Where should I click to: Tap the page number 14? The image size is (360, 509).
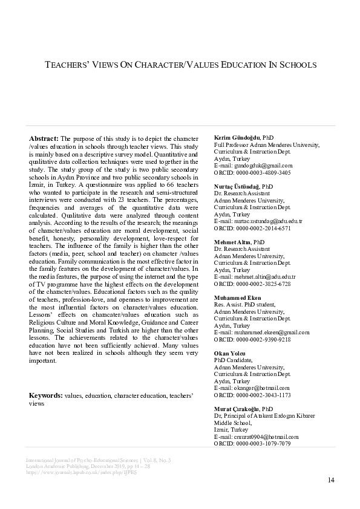coord(331,480)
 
